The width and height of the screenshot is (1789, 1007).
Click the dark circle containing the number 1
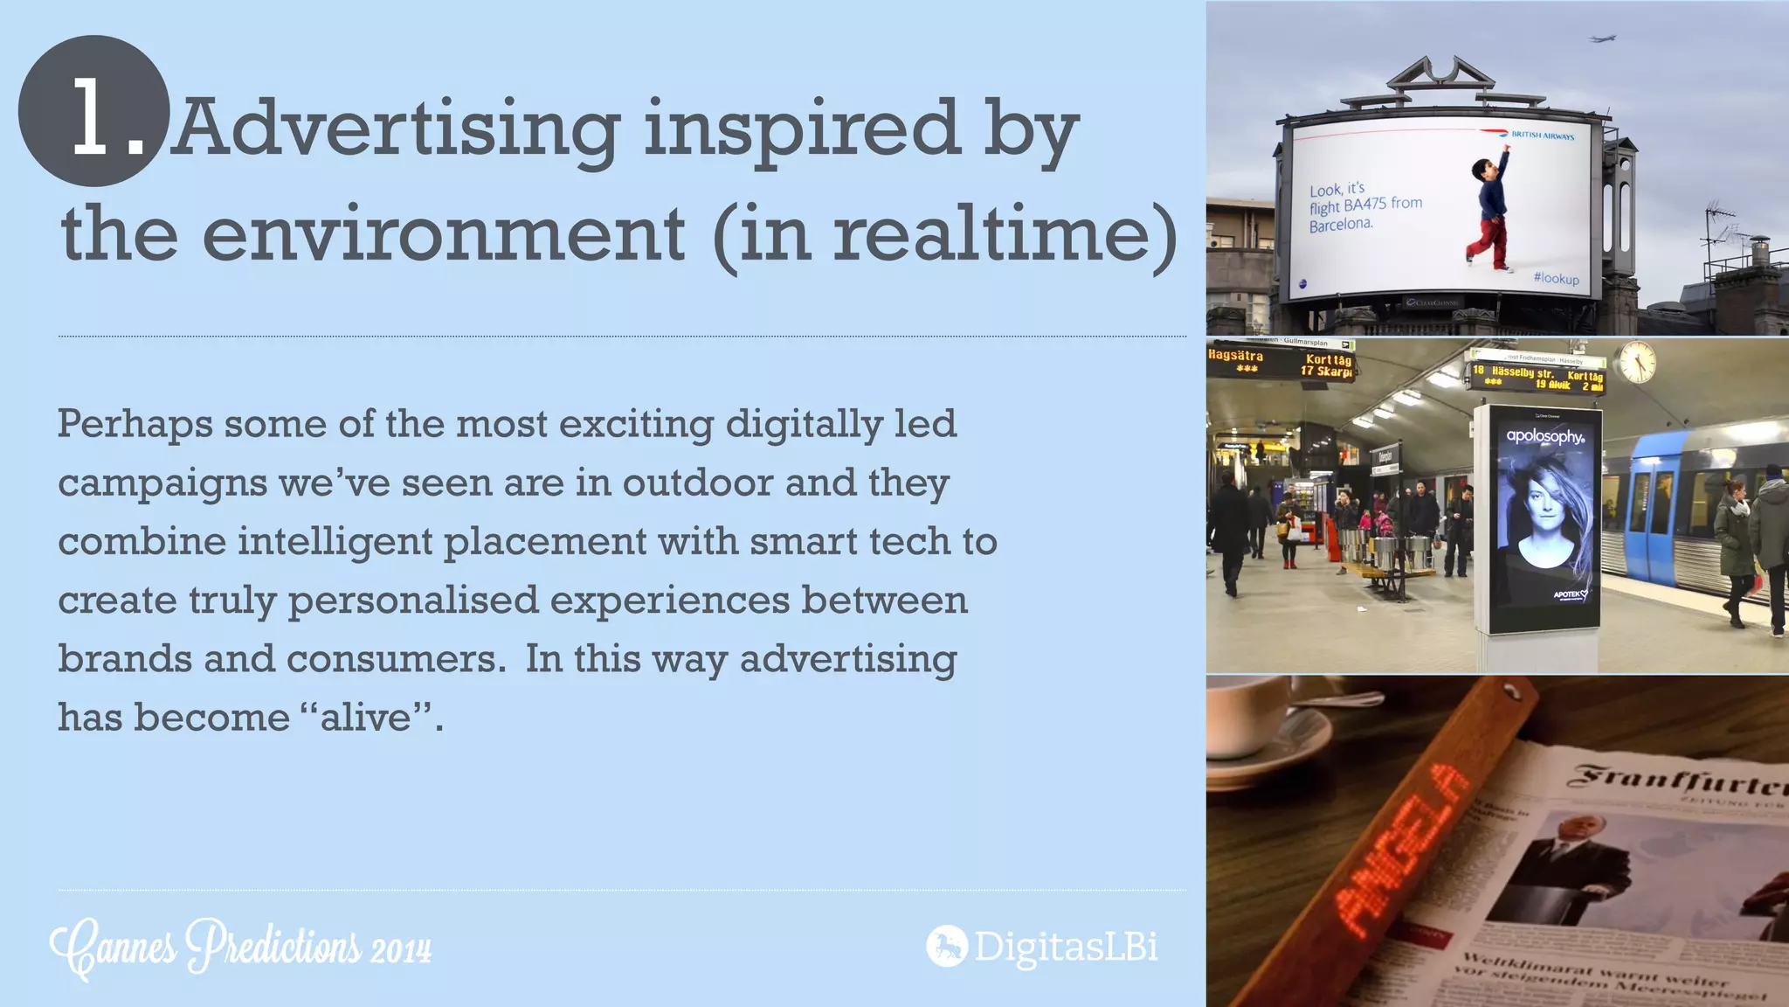coord(93,111)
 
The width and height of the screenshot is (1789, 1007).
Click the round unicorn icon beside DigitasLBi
coord(946,946)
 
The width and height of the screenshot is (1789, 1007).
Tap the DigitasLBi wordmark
coord(1066,947)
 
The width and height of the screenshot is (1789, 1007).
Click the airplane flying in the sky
coord(1602,38)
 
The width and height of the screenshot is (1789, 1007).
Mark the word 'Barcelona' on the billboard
coord(1341,225)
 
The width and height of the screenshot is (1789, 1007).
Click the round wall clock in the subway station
coord(1636,360)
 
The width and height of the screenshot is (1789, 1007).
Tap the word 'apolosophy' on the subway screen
coord(1544,435)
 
